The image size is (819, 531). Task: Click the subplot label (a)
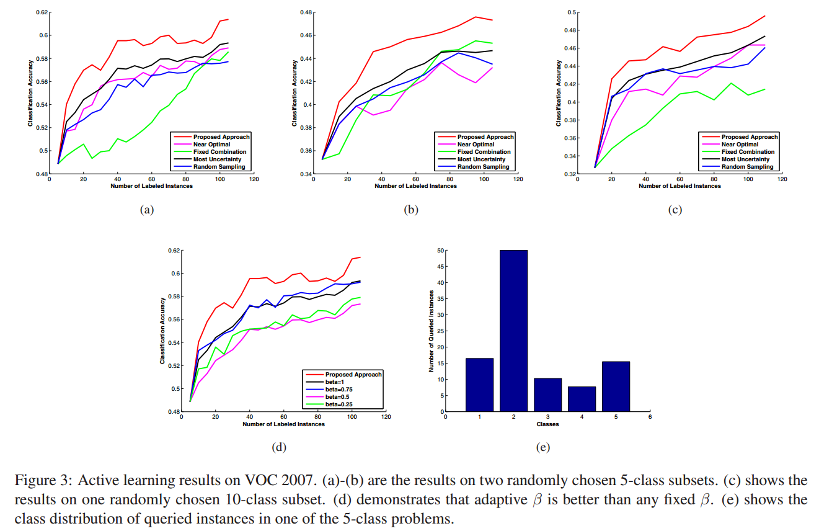click(146, 210)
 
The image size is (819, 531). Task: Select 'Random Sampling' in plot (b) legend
click(483, 166)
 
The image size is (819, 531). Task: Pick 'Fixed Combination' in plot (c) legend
click(747, 151)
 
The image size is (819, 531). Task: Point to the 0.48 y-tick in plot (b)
click(306, 12)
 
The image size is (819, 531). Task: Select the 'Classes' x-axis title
click(547, 424)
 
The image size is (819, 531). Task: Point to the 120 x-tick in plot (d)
click(386, 417)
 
